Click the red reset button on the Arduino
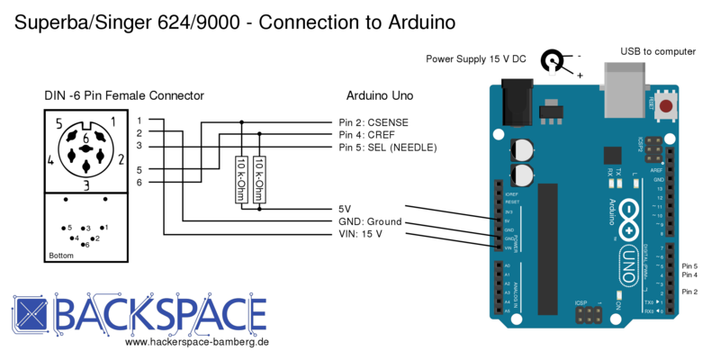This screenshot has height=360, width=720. tap(666, 108)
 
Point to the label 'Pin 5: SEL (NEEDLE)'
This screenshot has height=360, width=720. tap(388, 148)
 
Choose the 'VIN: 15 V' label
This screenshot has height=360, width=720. tap(357, 235)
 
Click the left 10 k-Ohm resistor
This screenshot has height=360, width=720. tap(241, 179)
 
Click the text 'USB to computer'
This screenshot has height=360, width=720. tap(658, 51)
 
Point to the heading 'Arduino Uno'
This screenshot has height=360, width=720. tap(379, 95)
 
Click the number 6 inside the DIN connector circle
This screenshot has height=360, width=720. tap(86, 137)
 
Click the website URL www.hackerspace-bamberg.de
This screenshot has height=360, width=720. tap(197, 343)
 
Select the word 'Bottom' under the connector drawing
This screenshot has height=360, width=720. tap(62, 256)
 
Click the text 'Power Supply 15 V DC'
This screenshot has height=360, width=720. tap(476, 59)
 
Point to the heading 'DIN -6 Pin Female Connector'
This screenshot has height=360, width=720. tap(124, 95)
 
